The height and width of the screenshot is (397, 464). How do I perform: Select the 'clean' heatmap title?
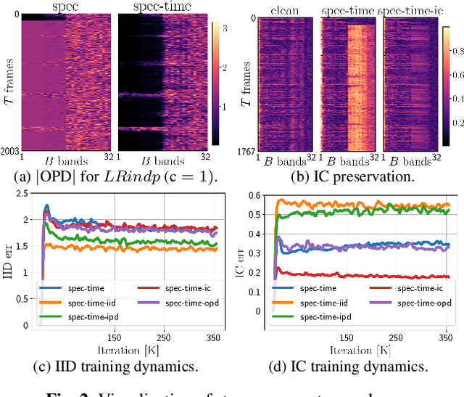(x=285, y=9)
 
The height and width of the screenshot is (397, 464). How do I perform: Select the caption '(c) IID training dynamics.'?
(x=116, y=367)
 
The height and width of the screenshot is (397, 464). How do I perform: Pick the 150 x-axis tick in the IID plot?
(x=114, y=337)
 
